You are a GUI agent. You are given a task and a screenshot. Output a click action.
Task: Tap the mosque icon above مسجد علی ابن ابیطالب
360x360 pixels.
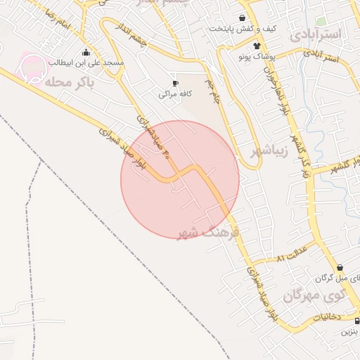click(86, 52)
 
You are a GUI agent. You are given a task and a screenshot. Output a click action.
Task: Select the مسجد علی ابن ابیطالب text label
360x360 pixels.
click(86, 63)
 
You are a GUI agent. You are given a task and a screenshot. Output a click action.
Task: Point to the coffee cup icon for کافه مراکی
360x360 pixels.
click(175, 83)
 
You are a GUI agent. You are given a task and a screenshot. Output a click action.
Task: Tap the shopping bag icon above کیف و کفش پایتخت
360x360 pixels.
click(243, 18)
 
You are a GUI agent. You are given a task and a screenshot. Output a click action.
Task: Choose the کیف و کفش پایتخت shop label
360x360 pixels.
click(241, 29)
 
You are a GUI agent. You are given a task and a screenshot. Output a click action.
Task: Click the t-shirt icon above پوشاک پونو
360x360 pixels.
click(246, 44)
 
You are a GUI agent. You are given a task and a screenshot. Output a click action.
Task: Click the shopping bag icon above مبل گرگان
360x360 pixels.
click(340, 267)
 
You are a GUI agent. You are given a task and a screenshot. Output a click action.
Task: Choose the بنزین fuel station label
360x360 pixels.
click(349, 330)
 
